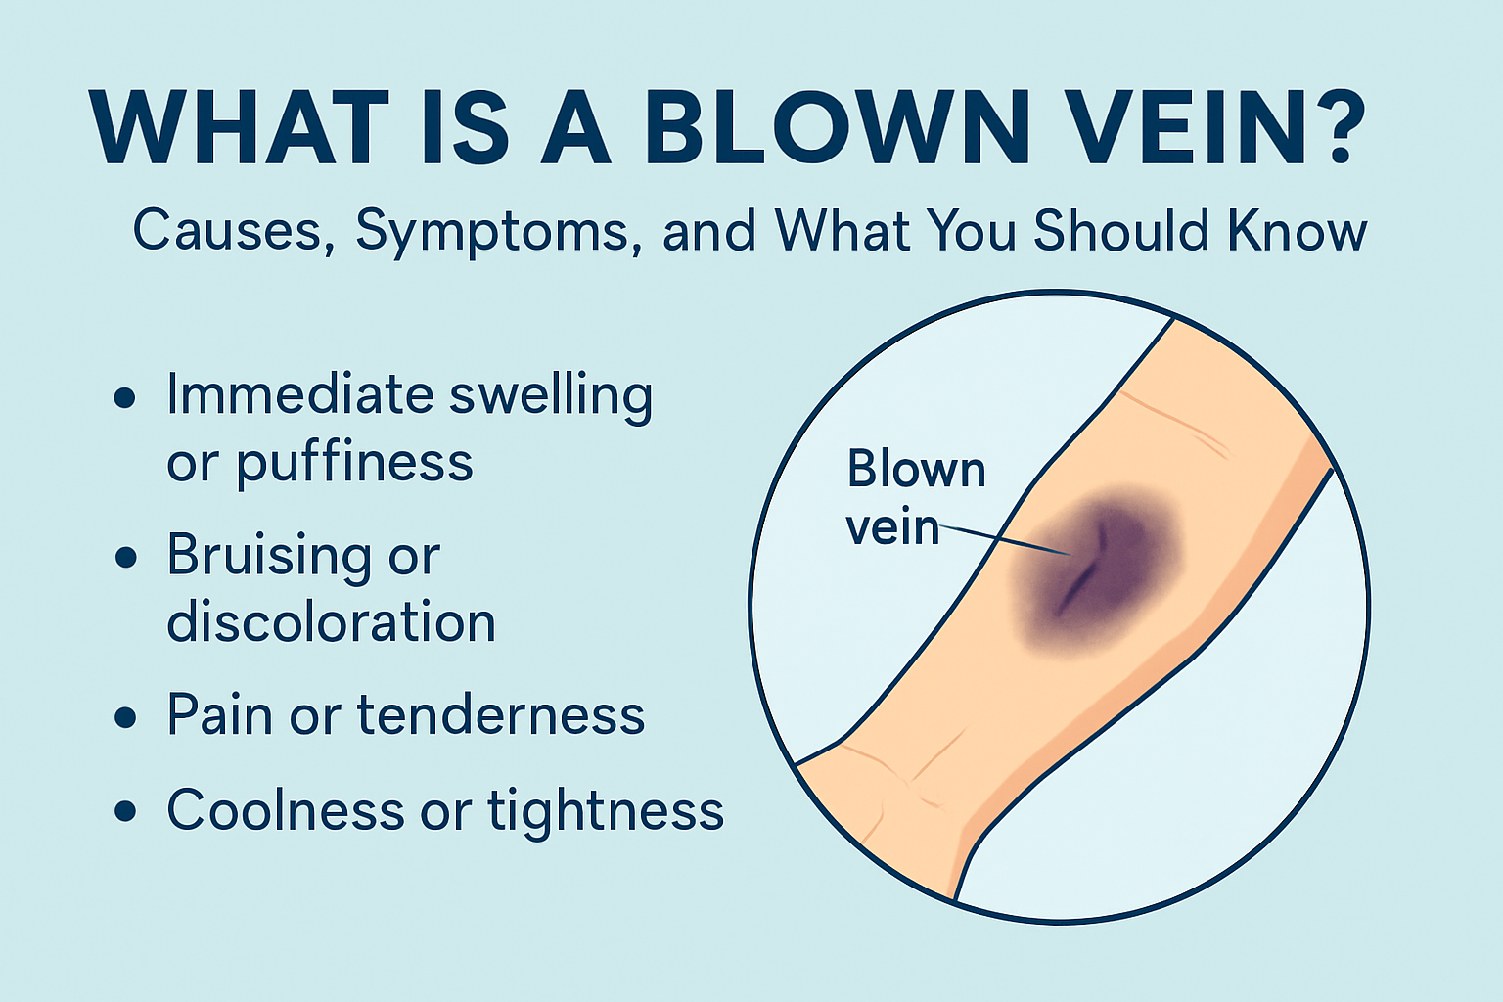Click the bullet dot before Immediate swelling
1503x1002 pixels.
pos(125,397)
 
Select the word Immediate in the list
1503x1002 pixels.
pos(300,394)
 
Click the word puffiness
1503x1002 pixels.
pos(355,463)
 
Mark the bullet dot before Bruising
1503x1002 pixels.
pos(125,557)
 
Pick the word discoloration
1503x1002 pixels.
pos(331,620)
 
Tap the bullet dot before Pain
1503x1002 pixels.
pos(125,717)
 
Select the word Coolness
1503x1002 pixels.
pos(286,809)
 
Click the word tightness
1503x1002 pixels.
pos(606,811)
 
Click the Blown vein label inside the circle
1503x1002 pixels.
pos(916,497)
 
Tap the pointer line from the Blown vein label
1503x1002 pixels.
pos(1004,539)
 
